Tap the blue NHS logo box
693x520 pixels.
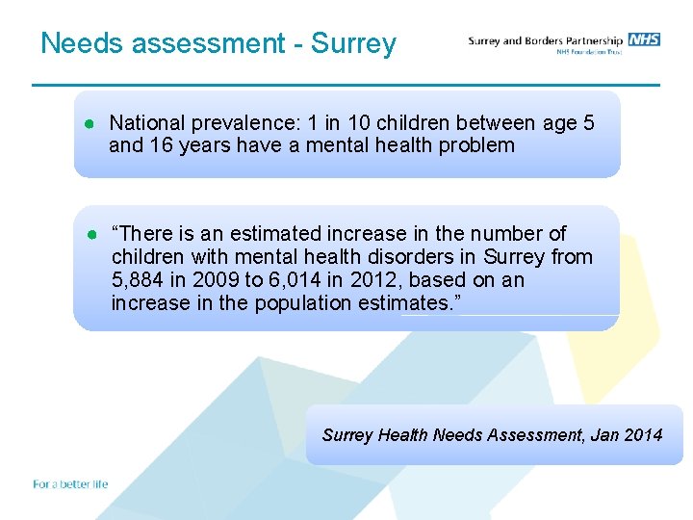[x=644, y=39]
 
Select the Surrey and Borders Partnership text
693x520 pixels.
[x=545, y=40]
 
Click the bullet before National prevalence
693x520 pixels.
[x=88, y=123]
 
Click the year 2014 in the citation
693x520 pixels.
[x=643, y=435]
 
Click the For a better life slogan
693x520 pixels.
[x=70, y=483]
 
